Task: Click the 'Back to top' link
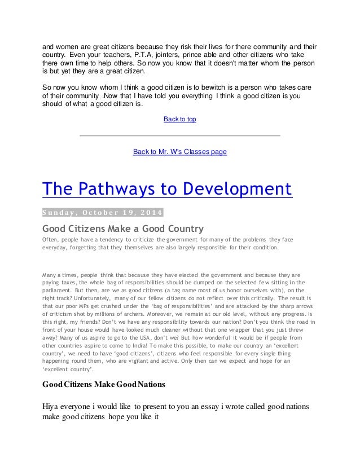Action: [x=179, y=120]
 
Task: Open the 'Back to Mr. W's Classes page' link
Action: [x=179, y=152]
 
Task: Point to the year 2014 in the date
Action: [x=150, y=212]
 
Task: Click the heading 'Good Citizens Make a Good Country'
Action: [x=123, y=228]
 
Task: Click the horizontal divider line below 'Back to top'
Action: [x=179, y=136]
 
